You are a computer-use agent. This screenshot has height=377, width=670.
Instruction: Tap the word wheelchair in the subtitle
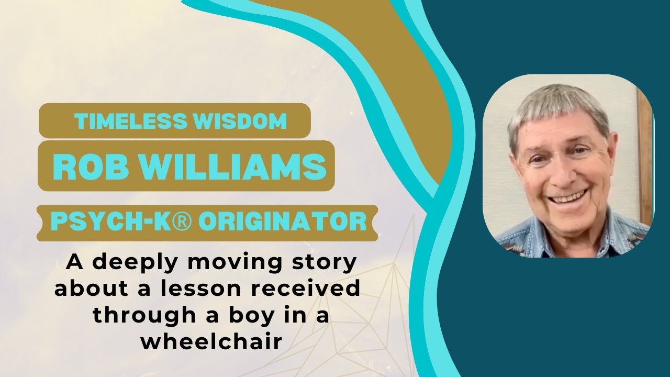(211, 341)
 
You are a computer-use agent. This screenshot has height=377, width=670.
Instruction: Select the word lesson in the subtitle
(196, 289)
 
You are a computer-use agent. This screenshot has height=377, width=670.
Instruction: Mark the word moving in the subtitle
(233, 262)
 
